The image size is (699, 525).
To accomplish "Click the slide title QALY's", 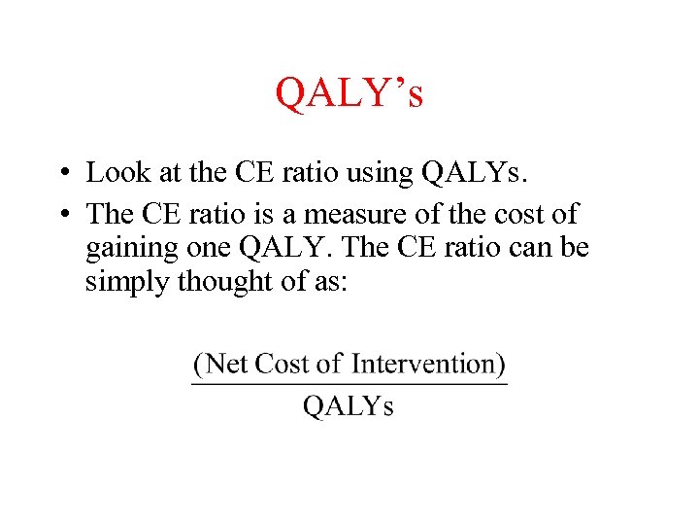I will [349, 94].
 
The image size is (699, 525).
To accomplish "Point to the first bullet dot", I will [61, 174].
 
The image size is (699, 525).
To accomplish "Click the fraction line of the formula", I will [349, 384].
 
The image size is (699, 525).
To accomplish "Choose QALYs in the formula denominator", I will [349, 405].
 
